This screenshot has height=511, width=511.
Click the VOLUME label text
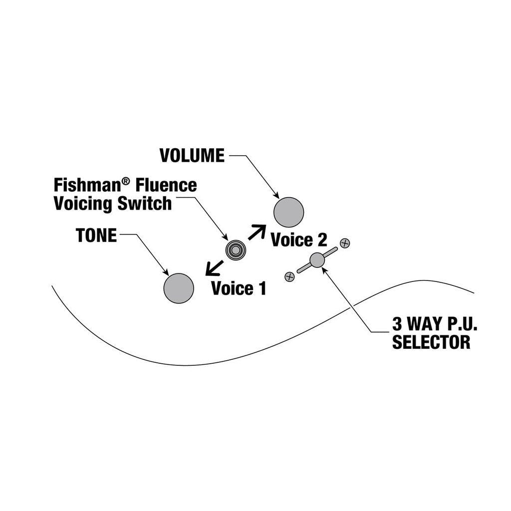click(x=192, y=155)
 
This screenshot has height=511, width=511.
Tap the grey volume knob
click(x=289, y=212)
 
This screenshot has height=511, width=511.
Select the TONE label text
click(x=96, y=235)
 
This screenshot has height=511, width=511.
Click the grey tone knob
click(x=178, y=288)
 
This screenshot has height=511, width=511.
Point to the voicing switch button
click(x=235, y=250)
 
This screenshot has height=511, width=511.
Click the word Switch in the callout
click(x=144, y=204)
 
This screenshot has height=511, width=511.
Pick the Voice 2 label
click(x=298, y=240)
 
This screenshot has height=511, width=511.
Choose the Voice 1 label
click(x=239, y=288)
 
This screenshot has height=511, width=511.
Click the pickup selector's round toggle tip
click(x=317, y=259)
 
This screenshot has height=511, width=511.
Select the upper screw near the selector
click(x=344, y=243)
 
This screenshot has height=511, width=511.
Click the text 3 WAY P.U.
click(x=434, y=325)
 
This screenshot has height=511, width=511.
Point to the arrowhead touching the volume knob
click(x=276, y=196)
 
